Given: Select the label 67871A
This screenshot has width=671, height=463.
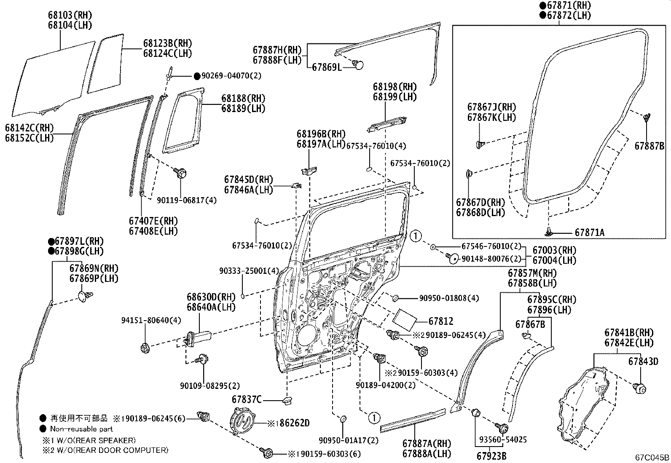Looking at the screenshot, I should coord(589,233).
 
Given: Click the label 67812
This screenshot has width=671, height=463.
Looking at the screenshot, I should coord(441,321).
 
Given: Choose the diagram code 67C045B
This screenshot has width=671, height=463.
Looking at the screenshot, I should coord(652,458).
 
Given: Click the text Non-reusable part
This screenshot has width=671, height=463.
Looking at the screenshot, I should coord(81,429).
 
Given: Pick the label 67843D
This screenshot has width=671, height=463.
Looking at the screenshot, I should coord(643,361).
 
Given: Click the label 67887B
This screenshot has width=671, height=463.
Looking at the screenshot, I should coord(650,146).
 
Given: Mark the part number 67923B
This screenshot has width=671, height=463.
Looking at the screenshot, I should coord(491,455).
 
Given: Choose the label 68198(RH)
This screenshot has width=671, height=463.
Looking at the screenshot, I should coord(395,87).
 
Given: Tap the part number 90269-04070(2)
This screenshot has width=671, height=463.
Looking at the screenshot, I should coord(231,76).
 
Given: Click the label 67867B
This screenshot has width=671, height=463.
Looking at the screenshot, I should coord(530,324).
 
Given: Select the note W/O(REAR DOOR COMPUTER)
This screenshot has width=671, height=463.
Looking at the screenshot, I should coord(108,450).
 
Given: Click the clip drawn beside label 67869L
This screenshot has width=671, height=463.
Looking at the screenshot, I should coord(358,65).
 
